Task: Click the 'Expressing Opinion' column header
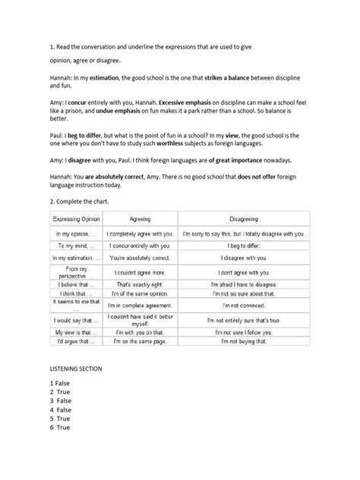[78, 219]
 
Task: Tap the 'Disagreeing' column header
[245, 219]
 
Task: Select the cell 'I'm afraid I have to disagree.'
[245, 284]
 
